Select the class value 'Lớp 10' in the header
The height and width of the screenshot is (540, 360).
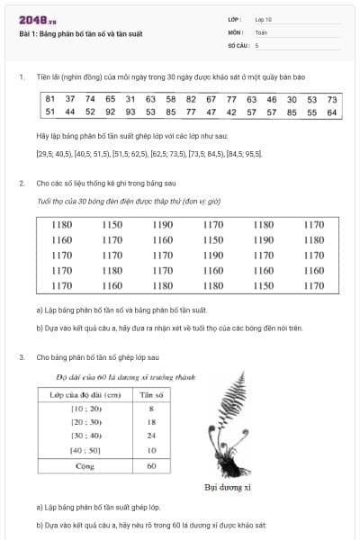264,18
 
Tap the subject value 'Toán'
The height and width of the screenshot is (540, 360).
261,31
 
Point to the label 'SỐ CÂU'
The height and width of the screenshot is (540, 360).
238,44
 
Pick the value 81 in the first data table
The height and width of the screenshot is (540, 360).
50,99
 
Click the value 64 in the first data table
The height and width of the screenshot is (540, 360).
332,112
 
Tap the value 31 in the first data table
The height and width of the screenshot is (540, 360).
130,99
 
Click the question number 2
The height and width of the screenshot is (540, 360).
22,183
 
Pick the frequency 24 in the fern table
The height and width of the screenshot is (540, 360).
150,436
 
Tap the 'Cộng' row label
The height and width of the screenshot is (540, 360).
85,466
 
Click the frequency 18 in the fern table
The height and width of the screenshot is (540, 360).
150,423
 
